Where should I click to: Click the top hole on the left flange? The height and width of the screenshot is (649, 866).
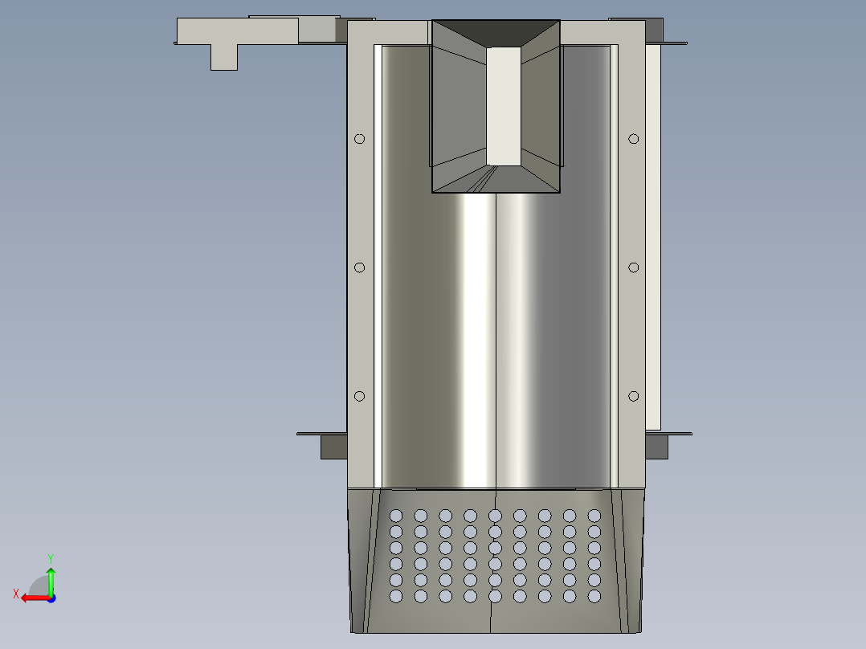coord(359,139)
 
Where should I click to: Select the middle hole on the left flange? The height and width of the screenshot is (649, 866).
coord(359,267)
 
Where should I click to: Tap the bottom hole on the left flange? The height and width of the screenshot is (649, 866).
coord(359,396)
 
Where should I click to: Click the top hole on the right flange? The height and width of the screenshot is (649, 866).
coord(634,139)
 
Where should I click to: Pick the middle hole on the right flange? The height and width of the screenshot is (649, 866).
coord(634,267)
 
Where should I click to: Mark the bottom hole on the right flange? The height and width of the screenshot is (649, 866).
coord(634,396)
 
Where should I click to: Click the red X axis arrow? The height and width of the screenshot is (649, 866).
coord(32,598)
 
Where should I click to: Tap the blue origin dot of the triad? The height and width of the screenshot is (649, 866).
coord(51,598)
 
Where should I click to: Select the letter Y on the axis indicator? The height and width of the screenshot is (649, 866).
coord(50,557)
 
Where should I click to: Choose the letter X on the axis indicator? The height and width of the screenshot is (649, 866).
coord(15,594)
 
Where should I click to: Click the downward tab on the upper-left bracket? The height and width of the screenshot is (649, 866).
coord(224,57)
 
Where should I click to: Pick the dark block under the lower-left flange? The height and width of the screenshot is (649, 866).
coord(333,447)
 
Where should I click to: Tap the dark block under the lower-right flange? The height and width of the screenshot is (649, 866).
coord(656,447)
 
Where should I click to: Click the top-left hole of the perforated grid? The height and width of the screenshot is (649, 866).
coord(395,515)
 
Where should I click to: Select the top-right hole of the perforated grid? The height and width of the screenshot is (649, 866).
coord(594,515)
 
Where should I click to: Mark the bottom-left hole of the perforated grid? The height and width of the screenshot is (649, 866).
coord(395,596)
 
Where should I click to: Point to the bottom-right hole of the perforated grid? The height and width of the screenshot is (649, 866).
coord(594,596)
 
